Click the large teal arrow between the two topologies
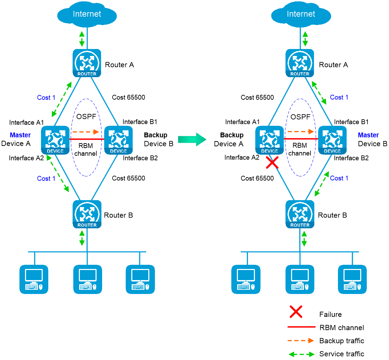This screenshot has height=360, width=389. [x=192, y=139]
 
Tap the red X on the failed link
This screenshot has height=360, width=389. [x=272, y=162]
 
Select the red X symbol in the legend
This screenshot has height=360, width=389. [x=296, y=312]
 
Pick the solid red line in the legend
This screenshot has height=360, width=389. [x=301, y=327]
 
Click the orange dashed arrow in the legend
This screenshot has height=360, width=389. [x=301, y=341]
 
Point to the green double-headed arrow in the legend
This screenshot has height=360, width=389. [x=301, y=354]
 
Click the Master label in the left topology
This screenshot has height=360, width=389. [x=20, y=135]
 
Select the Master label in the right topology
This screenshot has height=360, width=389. [x=368, y=135]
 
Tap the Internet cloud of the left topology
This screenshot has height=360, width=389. [x=87, y=14]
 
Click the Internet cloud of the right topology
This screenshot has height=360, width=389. [x=301, y=14]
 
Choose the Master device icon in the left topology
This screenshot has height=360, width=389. [x=55, y=140]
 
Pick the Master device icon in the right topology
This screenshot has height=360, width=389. [x=332, y=140]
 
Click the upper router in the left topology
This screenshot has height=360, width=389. [x=87, y=63]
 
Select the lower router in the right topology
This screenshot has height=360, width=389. [x=300, y=214]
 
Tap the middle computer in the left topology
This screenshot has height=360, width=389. [x=88, y=279]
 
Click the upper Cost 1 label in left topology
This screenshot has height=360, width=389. [x=46, y=98]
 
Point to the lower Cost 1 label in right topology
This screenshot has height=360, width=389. [x=339, y=178]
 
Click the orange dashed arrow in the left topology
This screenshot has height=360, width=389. [x=85, y=132]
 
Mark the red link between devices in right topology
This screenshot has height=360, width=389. [x=301, y=139]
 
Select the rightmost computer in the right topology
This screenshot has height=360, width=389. [x=352, y=279]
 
